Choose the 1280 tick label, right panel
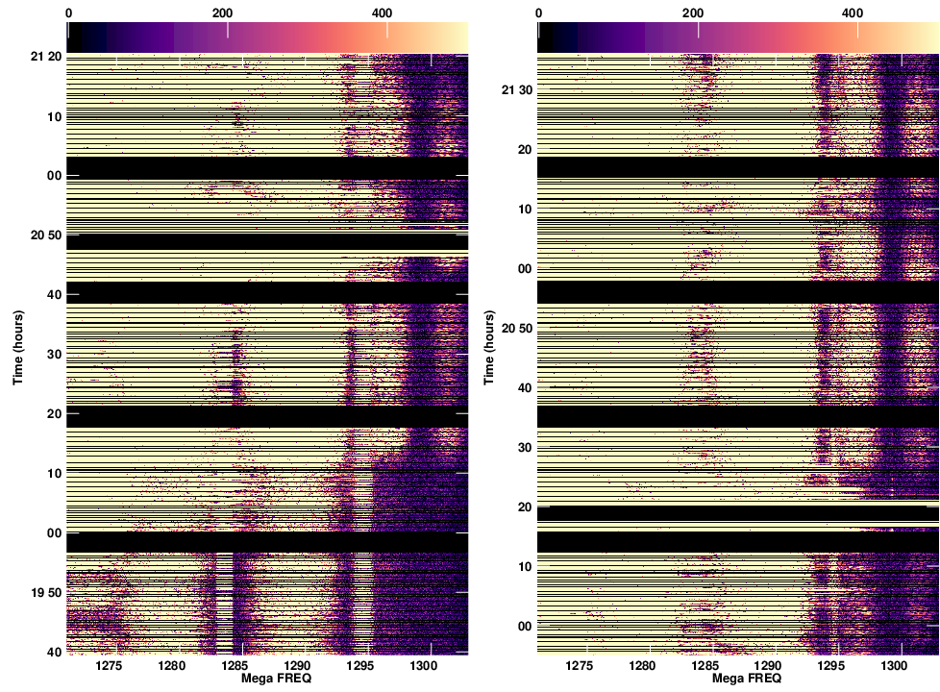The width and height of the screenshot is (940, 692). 642,665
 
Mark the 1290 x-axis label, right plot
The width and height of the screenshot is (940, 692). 768,665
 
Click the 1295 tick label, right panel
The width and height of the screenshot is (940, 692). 830,665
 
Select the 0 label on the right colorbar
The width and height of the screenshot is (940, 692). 538,12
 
